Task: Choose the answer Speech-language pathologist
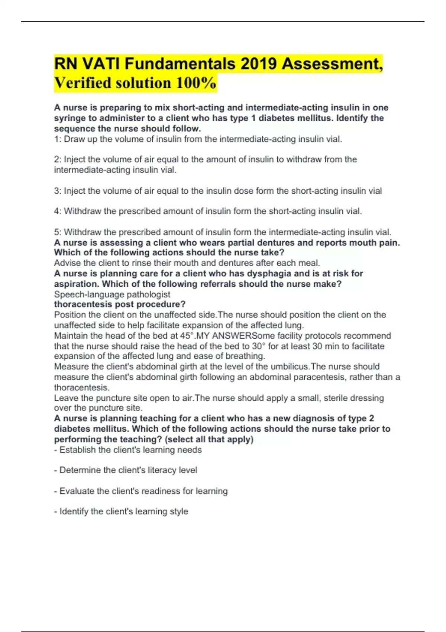coord(112,294)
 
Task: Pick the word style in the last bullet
coord(179,512)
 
